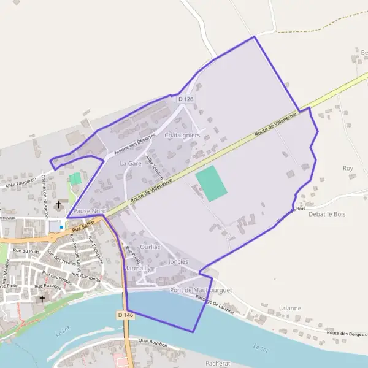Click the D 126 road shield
point(185,99)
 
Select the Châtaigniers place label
point(183,135)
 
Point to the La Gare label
point(131,164)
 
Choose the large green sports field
point(212,183)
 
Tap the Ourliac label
point(150,246)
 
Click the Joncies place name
point(178,261)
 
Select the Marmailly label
point(139,269)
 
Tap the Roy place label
point(348,167)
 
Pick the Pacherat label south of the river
point(218,363)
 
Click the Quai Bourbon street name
point(153,345)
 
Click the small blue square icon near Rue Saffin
point(61,227)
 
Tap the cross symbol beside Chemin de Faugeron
point(59,204)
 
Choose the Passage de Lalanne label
point(215,305)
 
